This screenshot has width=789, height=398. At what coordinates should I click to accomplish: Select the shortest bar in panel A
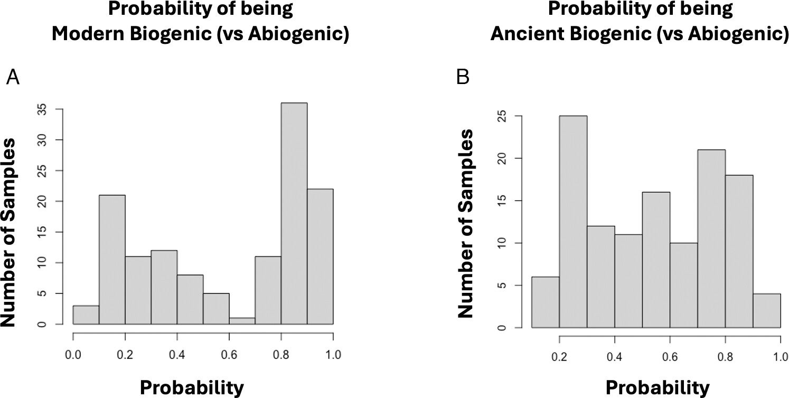[242, 321]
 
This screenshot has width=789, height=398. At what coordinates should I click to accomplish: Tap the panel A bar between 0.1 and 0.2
[112, 259]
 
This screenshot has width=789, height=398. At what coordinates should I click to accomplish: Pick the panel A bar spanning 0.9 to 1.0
[320, 256]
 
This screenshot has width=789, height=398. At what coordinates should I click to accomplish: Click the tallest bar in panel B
[573, 222]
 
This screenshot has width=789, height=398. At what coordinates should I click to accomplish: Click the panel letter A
[13, 78]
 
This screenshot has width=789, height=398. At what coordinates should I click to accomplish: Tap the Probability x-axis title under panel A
[192, 387]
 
